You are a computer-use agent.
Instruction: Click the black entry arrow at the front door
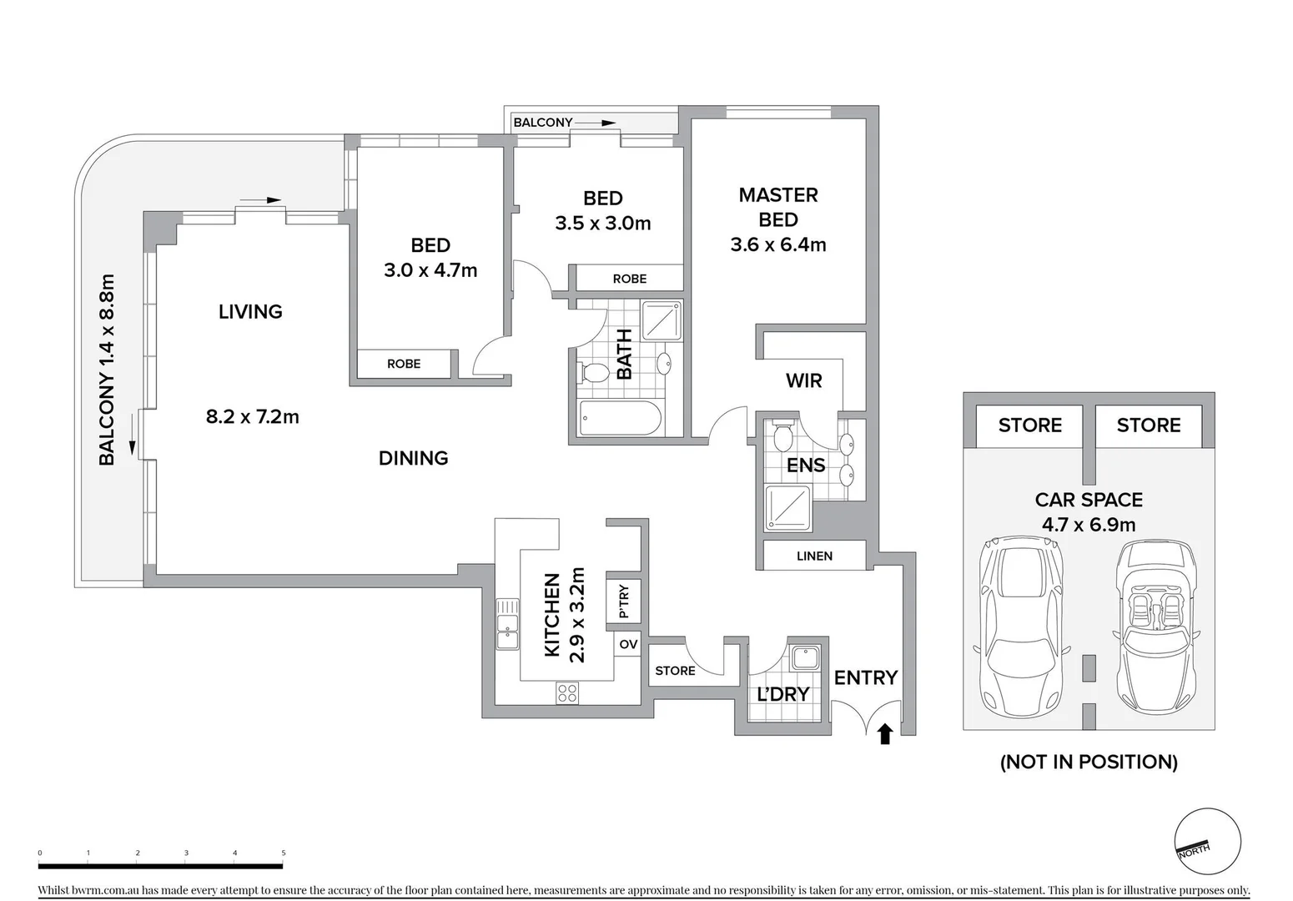coord(885,733)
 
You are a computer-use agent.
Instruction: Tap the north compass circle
coord(1207,842)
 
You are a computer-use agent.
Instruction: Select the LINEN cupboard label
coord(814,556)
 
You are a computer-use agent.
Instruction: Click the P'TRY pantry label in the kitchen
coord(624,601)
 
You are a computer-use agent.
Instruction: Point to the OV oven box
coord(628,644)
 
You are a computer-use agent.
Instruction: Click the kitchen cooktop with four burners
coord(567,692)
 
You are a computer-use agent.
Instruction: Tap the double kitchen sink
coord(507,624)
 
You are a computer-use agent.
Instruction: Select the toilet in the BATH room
coord(594,372)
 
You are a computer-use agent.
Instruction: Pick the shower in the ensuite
coord(788,508)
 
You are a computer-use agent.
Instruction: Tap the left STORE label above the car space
coord(1030,425)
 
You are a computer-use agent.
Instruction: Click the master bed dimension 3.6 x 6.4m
coord(778,244)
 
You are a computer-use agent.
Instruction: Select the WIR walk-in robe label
coord(803,381)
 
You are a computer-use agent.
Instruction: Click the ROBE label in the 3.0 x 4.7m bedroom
coord(404,364)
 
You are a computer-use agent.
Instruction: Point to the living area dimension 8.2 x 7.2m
coord(252,416)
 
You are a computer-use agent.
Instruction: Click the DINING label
coord(413,458)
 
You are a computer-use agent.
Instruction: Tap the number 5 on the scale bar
coord(284,853)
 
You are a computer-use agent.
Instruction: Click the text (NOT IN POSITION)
coord(1089,762)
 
